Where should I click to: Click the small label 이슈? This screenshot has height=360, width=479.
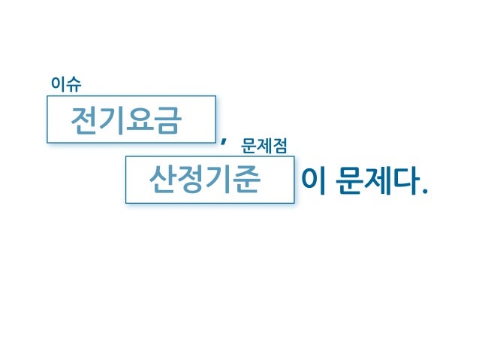click(66, 84)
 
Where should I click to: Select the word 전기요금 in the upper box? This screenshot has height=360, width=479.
click(125, 120)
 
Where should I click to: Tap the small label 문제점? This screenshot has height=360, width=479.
click(264, 145)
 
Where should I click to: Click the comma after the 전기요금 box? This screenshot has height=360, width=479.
click(224, 140)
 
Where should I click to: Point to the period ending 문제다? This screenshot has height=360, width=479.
click(426, 189)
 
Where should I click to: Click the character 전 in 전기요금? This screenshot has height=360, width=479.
click(83, 120)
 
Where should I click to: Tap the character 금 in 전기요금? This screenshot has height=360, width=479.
click(167, 120)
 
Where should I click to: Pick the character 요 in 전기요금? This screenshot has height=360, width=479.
click(140, 120)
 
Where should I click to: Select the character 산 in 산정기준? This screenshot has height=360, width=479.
click(163, 180)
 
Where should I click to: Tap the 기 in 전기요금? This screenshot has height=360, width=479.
click(111, 120)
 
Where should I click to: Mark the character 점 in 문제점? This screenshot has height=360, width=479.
click(279, 145)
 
